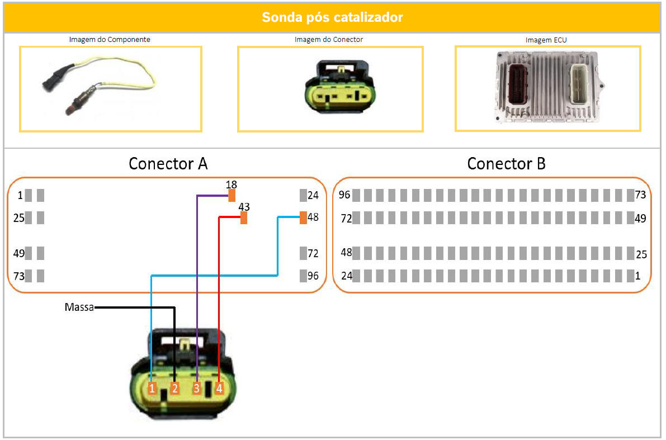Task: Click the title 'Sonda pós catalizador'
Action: tap(332, 17)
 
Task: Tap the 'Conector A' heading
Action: tap(168, 164)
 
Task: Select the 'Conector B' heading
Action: tap(506, 164)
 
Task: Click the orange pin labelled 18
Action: tap(232, 195)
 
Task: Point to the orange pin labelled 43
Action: tap(244, 218)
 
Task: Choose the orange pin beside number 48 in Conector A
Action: tap(303, 217)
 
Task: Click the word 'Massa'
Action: tap(79, 307)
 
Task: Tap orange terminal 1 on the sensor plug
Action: tap(152, 388)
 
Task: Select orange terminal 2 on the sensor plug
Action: tap(174, 388)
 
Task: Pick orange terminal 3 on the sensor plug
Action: tap(197, 388)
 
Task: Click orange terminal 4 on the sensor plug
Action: tap(219, 388)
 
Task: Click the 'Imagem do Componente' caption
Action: tap(110, 40)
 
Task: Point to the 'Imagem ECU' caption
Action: tap(546, 40)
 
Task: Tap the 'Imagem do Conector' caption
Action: tap(329, 40)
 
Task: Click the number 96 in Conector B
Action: tap(345, 195)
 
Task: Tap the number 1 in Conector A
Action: tap(20, 196)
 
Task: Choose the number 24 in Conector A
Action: tap(313, 196)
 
